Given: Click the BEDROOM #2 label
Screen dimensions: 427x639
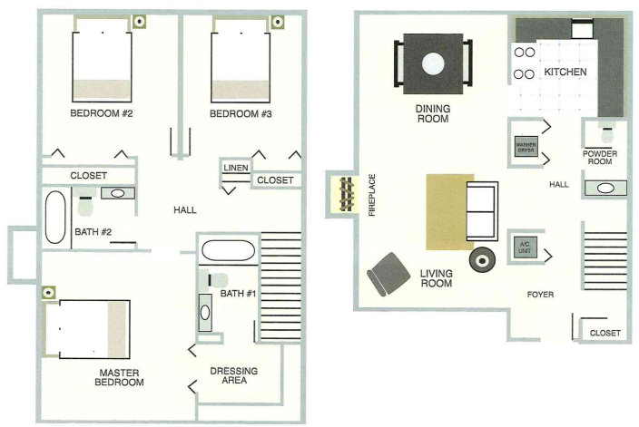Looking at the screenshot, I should (102, 114).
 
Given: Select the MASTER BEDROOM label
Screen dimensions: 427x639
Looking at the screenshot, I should (121, 377).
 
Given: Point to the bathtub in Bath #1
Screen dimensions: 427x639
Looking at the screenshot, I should (228, 249).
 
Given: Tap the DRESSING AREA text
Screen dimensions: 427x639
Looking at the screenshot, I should (233, 375).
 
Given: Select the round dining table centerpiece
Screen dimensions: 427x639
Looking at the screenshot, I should (433, 63).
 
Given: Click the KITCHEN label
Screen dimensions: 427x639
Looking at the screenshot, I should (565, 72).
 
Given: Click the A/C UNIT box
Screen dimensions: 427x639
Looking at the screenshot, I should (524, 246).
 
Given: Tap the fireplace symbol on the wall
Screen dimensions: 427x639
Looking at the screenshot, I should (345, 195).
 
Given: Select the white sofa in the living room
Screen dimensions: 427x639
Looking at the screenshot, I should (480, 213).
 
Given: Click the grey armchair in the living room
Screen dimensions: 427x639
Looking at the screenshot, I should (389, 271).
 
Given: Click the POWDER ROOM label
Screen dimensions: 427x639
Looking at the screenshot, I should (600, 160).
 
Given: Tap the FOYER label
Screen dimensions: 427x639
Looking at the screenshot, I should (541, 296).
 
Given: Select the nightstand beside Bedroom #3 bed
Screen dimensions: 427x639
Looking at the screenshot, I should (277, 19).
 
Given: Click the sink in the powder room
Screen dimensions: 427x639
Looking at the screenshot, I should (605, 189).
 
